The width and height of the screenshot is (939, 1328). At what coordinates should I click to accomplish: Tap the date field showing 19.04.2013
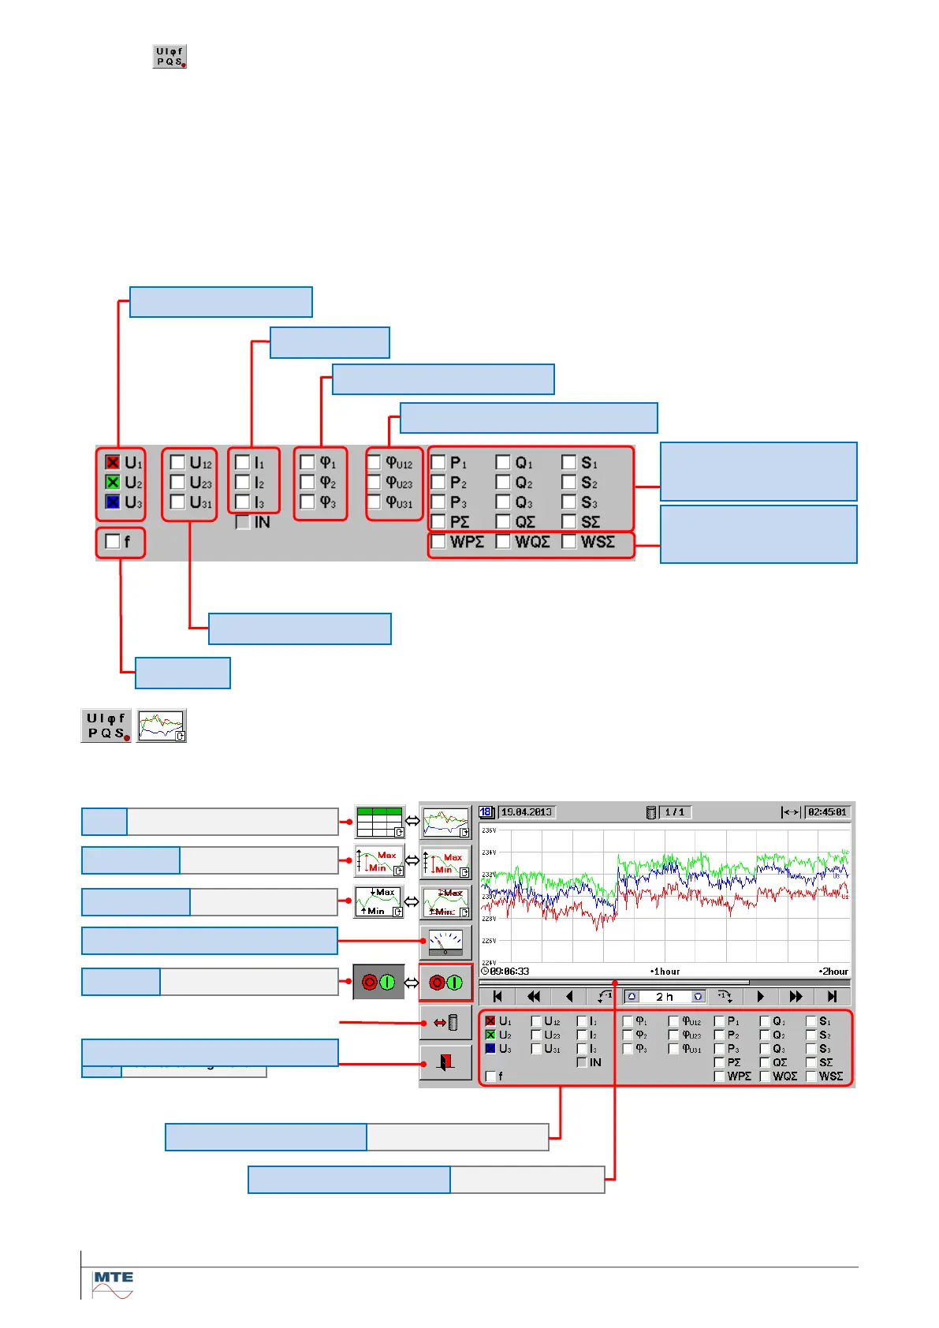pos(527,812)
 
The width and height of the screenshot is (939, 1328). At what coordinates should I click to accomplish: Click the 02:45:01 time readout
pos(827,812)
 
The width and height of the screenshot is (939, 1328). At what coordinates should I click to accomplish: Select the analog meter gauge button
pos(445,942)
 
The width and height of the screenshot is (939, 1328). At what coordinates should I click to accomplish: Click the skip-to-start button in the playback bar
pos(497,997)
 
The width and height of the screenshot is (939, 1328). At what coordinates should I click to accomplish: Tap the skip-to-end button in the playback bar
pos(832,997)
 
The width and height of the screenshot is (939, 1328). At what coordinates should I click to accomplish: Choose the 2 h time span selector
pos(665,997)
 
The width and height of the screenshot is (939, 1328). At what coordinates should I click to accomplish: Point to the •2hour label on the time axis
pos(833,972)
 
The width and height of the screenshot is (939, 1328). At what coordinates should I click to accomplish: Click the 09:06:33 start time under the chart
pos(509,972)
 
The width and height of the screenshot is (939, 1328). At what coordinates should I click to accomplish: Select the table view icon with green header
pos(379,822)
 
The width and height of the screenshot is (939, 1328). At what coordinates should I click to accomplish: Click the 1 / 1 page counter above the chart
pos(674,812)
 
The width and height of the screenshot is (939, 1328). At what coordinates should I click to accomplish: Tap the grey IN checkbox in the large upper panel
pos(243,522)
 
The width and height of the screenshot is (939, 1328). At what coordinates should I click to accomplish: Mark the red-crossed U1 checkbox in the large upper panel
pos(113,462)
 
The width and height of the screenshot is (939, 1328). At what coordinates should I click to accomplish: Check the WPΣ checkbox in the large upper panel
pos(438,542)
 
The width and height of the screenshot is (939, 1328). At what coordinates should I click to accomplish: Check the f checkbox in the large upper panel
pos(113,542)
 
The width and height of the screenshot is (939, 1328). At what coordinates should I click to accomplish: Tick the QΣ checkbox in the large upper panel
pos(503,522)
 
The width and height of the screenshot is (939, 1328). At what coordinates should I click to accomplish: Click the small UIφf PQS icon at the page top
pos(170,57)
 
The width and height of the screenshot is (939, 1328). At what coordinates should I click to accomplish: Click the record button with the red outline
pos(445,983)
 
